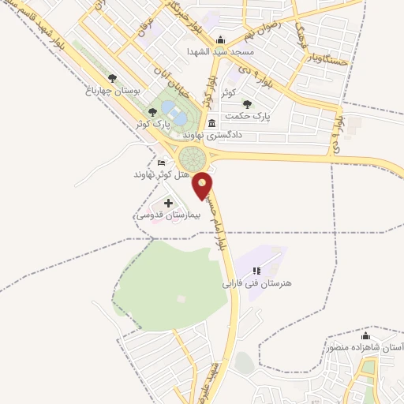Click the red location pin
click(x=204, y=185)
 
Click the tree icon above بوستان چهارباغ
click(x=112, y=78)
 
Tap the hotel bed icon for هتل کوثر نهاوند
click(x=162, y=163)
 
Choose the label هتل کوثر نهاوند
click(x=158, y=174)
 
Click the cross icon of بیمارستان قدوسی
click(x=167, y=204)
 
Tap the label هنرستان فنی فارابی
click(x=256, y=282)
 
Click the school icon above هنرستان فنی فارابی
click(x=256, y=270)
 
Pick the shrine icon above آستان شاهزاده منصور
click(x=365, y=335)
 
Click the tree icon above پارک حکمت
click(x=247, y=103)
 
